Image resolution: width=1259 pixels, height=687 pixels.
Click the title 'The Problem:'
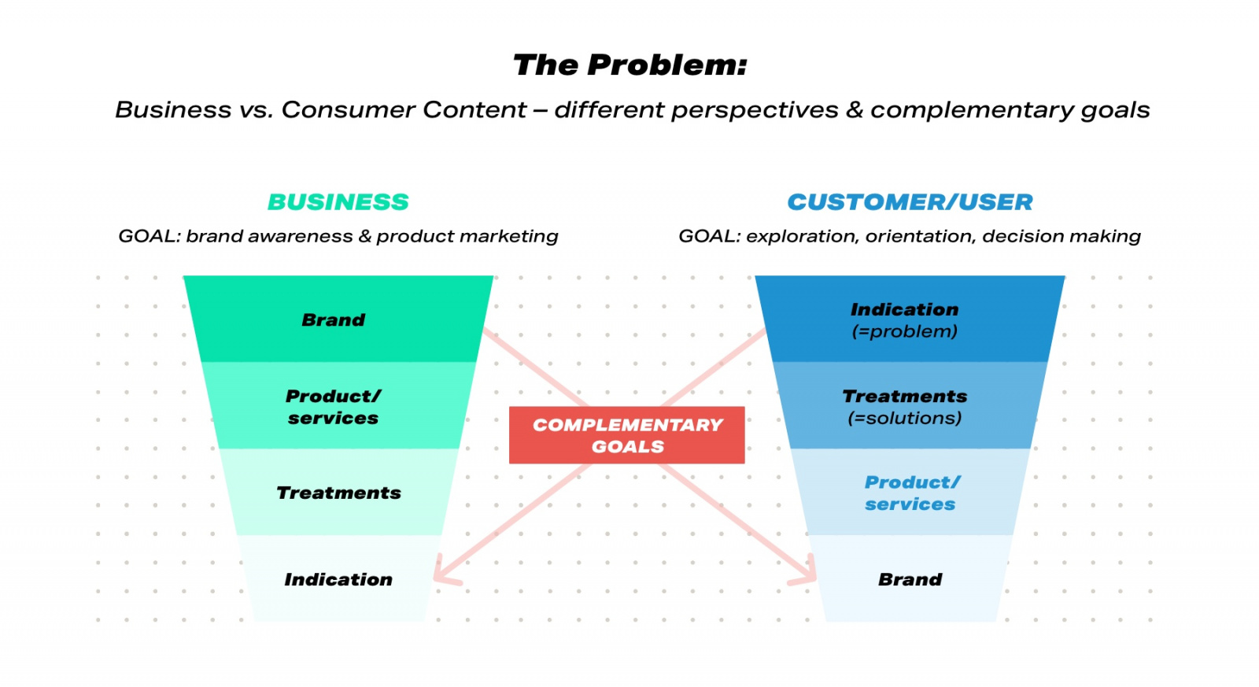point(629,65)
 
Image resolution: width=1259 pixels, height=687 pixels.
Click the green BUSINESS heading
point(338,202)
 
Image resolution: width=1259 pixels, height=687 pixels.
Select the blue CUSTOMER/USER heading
point(910,202)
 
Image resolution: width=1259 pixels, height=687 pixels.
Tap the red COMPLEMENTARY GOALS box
point(626,435)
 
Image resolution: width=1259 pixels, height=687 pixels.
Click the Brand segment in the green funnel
point(334,320)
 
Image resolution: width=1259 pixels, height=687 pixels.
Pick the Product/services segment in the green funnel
point(334,407)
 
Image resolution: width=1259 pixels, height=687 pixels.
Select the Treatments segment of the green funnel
point(338,493)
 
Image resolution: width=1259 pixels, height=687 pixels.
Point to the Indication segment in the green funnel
point(338,580)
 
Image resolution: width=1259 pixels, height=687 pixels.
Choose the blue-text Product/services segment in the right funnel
point(911,493)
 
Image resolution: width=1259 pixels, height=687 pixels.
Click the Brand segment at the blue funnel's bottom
point(910,580)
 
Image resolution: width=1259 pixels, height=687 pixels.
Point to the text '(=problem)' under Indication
point(905,331)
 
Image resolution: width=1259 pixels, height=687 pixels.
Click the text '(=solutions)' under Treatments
point(905,419)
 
